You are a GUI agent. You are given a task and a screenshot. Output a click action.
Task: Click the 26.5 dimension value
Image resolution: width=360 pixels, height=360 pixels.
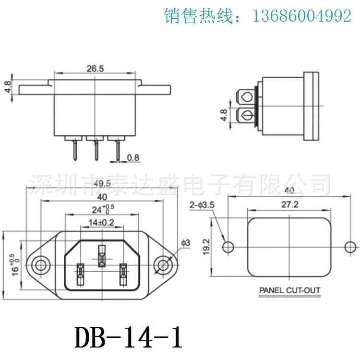[95, 69]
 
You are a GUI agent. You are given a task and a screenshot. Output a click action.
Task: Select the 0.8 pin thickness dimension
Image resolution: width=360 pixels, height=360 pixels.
[133, 157]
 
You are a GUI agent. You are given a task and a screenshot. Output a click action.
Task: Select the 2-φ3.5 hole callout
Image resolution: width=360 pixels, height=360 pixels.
[202, 205]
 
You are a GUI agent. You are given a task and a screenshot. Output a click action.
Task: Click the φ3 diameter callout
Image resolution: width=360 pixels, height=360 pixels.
[187, 243]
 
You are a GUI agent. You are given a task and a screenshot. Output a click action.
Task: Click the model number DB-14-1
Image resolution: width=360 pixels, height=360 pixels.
[129, 338]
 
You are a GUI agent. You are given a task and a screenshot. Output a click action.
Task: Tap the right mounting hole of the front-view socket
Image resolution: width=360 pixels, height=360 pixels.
[163, 264]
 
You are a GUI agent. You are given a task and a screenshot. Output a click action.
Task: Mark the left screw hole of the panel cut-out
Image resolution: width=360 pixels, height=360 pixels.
[228, 247]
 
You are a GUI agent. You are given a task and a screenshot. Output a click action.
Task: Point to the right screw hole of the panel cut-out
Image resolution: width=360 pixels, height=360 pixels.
[350, 247]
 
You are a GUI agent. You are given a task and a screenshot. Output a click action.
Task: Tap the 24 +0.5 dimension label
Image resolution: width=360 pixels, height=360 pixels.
[102, 210]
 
